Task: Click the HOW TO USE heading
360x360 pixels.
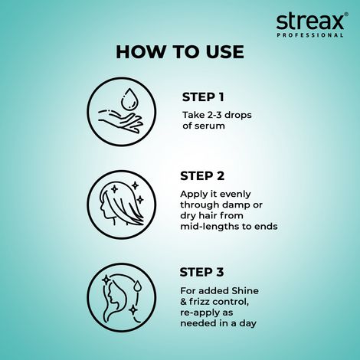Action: click(x=180, y=52)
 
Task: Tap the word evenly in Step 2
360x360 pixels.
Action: click(x=234, y=194)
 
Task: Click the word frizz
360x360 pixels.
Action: click(x=205, y=301)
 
